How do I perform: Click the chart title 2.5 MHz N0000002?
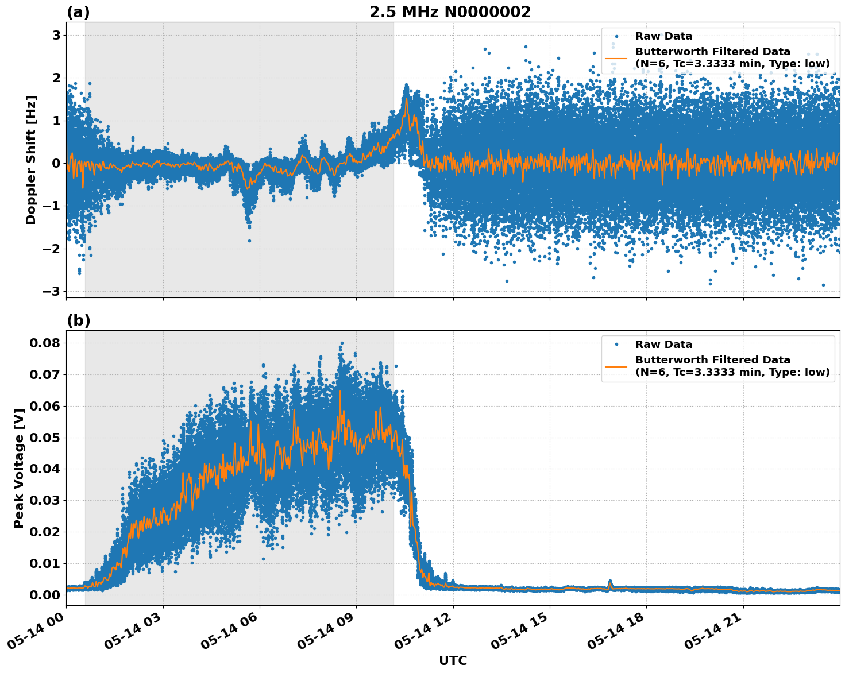[450, 12]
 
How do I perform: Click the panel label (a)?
[78, 12]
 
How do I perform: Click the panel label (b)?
[78, 320]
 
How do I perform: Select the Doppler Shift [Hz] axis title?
[31, 160]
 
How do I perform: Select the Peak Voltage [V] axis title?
[19, 468]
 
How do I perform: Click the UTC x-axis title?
[453, 660]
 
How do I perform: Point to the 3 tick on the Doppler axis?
[56, 36]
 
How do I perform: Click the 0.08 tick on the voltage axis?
[45, 343]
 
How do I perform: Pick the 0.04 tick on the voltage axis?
[45, 469]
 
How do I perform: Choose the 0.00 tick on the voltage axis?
[45, 595]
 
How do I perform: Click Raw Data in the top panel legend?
[663, 36]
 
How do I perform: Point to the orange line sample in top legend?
[616, 58]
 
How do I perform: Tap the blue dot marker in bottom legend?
[616, 345]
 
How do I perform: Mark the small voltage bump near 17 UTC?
[610, 582]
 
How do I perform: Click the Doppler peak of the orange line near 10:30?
[407, 99]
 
